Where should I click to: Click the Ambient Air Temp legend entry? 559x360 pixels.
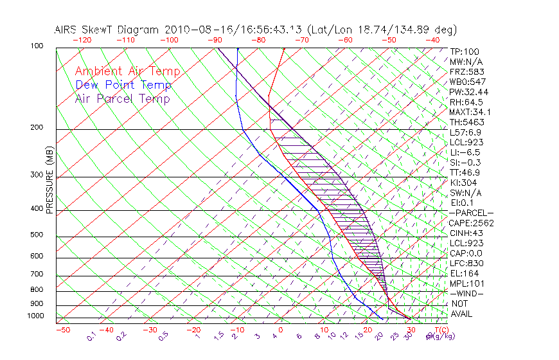[x=128, y=72]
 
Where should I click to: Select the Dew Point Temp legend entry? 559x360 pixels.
[x=123, y=85]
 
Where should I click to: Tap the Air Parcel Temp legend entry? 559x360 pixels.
[x=123, y=99]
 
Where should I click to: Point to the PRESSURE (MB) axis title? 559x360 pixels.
[x=49, y=181]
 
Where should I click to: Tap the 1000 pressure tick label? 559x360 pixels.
[x=37, y=316]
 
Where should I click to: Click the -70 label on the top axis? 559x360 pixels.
[x=301, y=40]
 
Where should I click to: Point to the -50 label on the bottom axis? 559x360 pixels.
[x=62, y=330]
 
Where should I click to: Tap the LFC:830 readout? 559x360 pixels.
[x=466, y=264]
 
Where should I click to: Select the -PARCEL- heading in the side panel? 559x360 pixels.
[x=471, y=213]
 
